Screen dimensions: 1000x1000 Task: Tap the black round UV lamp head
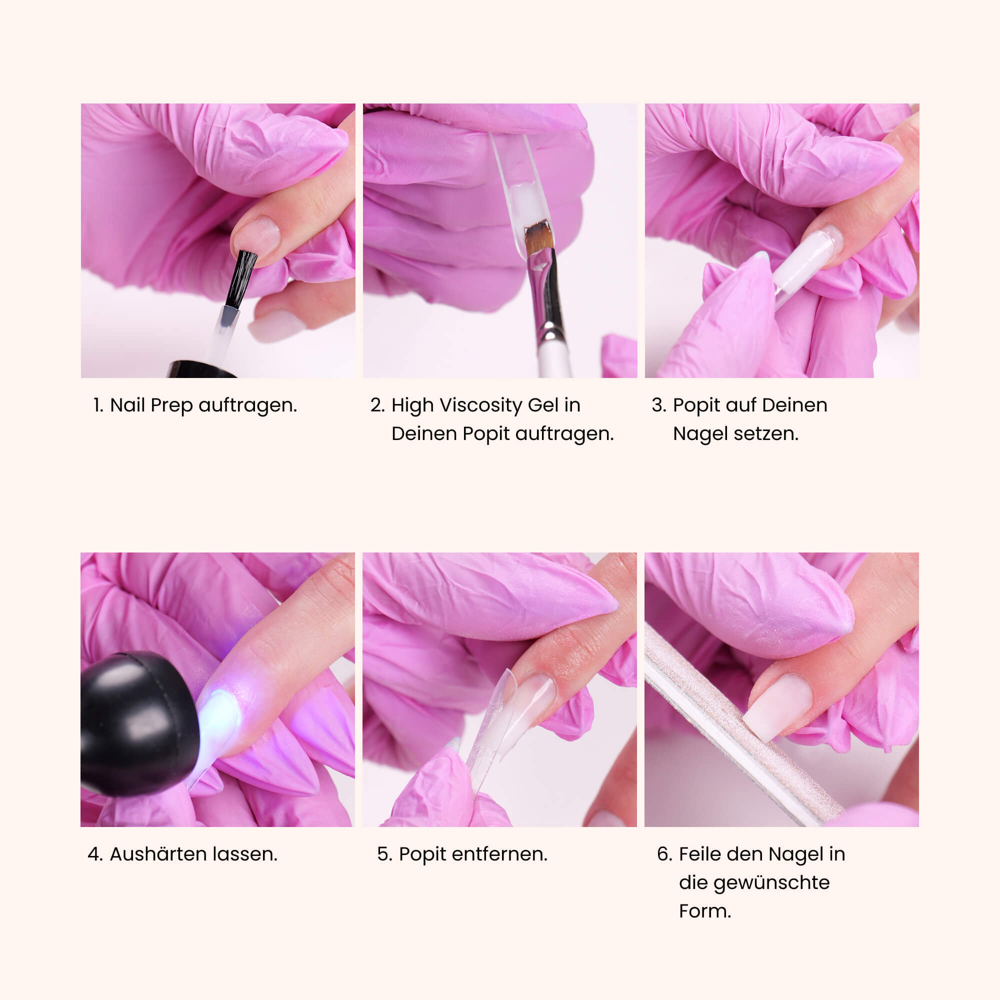pyautogui.click(x=137, y=722)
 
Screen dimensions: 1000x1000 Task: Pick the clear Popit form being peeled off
pyautogui.click(x=491, y=724)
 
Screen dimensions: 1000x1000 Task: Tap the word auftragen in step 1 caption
pyautogui.click(x=247, y=405)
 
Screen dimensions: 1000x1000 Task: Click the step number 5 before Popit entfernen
pyautogui.click(x=383, y=854)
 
